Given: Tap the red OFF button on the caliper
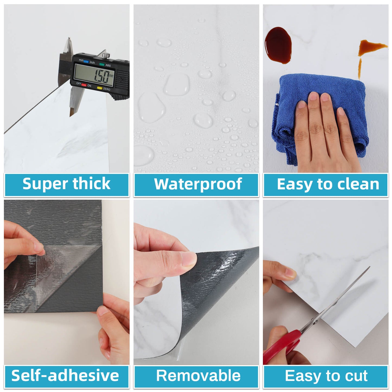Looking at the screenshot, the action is click(x=84, y=85).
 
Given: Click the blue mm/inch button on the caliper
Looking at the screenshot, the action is click(x=86, y=61).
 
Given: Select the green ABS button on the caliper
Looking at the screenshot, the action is click(x=102, y=65).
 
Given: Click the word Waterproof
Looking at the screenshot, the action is click(x=198, y=184).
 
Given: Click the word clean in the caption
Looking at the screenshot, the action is click(x=358, y=184).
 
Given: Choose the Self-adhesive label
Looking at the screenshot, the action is click(x=65, y=375).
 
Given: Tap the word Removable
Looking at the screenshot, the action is click(x=198, y=375).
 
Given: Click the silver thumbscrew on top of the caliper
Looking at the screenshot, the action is click(x=106, y=55).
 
